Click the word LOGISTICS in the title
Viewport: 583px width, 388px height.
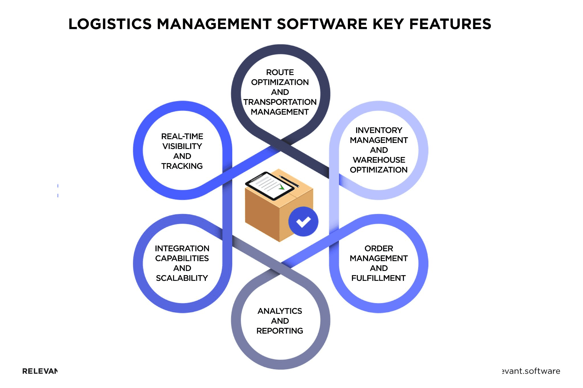coord(110,24)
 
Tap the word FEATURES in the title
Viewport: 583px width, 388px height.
coord(450,24)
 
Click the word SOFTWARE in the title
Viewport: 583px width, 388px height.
coord(322,24)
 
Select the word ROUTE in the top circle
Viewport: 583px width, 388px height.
coord(280,72)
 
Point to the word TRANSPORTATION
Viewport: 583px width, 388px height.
coord(280,102)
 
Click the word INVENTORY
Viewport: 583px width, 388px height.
coord(379,130)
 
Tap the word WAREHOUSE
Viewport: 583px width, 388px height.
coord(379,160)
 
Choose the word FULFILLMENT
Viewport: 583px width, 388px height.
coord(378,278)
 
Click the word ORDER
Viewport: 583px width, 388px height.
coord(379,248)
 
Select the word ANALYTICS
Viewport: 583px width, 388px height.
coord(280,311)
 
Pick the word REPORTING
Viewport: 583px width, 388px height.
coord(280,331)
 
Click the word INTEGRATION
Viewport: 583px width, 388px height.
coord(182,248)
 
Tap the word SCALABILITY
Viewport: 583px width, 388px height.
coord(182,278)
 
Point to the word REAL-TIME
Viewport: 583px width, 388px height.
coord(182,136)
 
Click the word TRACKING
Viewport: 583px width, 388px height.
coord(182,166)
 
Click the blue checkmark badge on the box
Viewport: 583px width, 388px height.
coord(303,221)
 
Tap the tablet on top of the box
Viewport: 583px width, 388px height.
coord(269,186)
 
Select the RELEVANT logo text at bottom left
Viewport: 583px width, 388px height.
coord(40,371)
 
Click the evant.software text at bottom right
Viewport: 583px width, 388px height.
coord(531,371)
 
